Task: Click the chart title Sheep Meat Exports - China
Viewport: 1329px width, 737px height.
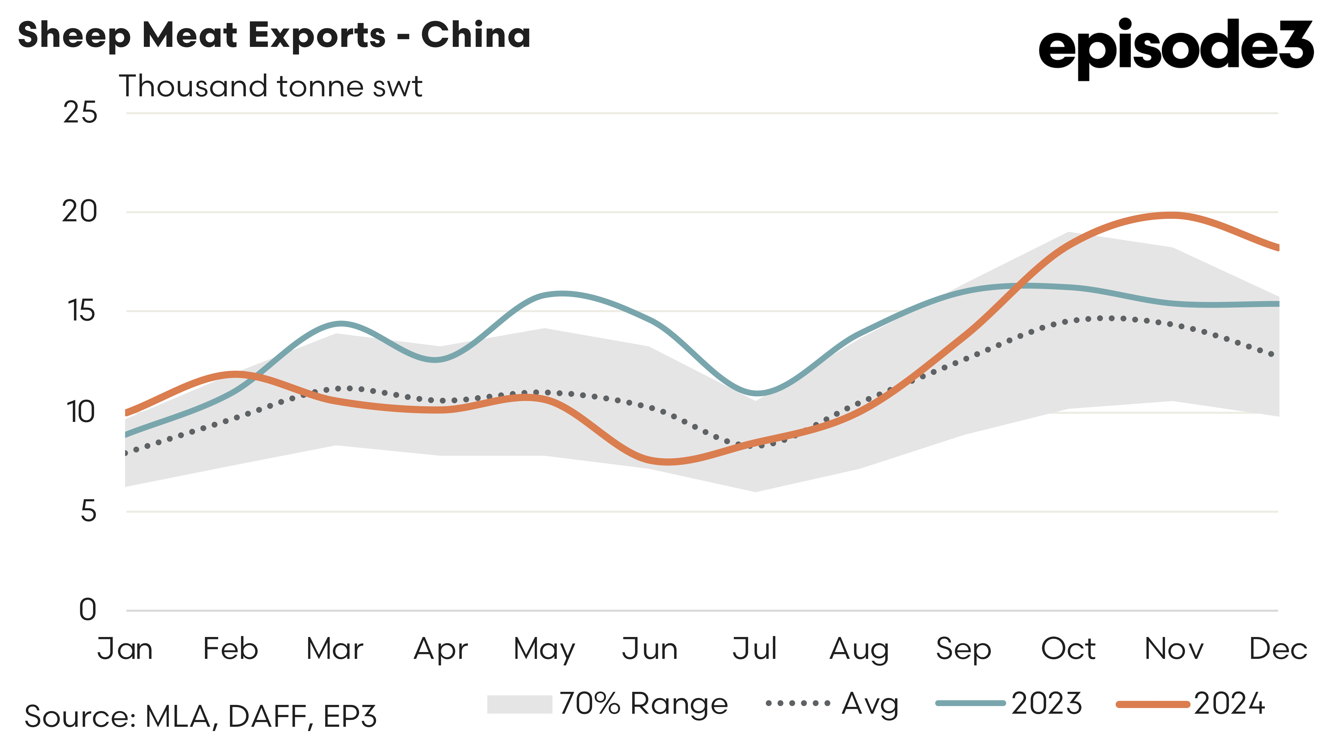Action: pyautogui.click(x=274, y=35)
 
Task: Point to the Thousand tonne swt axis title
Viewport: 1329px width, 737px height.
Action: pyautogui.click(x=270, y=86)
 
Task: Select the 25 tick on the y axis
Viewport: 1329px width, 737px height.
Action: pyautogui.click(x=80, y=113)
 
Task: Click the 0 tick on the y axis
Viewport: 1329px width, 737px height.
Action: pyautogui.click(x=88, y=610)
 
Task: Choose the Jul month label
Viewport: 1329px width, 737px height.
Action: pyautogui.click(x=754, y=649)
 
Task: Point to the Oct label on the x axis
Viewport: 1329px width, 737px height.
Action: pyautogui.click(x=1068, y=649)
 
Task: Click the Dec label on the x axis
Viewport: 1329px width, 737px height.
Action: pyautogui.click(x=1278, y=649)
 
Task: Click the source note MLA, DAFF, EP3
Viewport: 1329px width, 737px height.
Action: pyautogui.click(x=201, y=716)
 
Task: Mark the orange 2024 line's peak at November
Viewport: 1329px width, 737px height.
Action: pyautogui.click(x=1172, y=215)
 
